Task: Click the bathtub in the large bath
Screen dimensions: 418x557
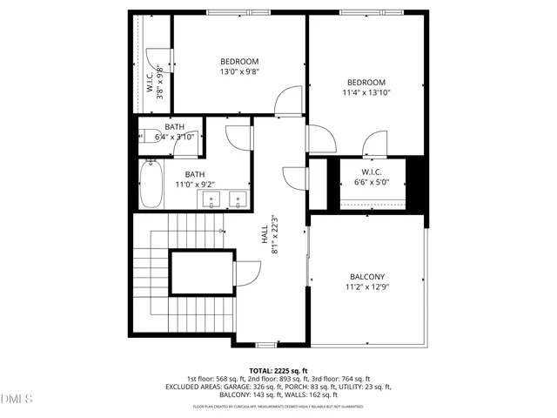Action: [151, 185]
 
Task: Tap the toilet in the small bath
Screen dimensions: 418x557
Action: [144, 137]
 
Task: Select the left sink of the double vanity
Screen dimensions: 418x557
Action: [212, 201]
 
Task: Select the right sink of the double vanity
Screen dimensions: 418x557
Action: [236, 201]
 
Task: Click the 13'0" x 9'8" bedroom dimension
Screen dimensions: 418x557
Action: [238, 71]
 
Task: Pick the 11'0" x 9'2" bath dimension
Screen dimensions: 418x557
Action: [195, 185]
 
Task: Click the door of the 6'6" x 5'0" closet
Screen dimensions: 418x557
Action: [376, 144]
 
